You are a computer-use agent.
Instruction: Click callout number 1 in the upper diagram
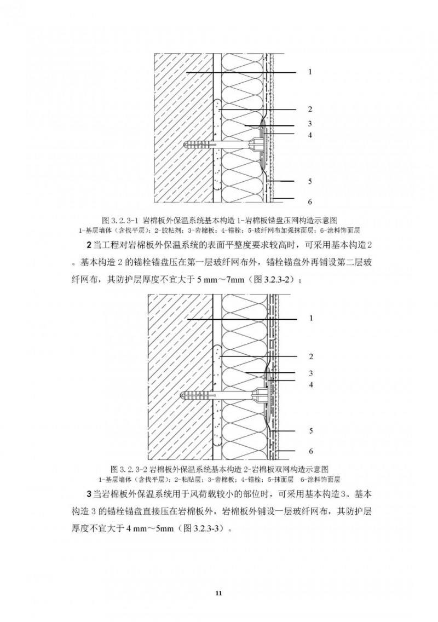(310, 72)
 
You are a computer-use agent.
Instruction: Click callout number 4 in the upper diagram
(310, 135)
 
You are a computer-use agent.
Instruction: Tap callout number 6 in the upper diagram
(310, 201)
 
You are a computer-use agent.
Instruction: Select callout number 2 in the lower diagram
(311, 356)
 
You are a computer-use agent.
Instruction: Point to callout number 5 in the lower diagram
(311, 431)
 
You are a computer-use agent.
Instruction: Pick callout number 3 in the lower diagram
(311, 373)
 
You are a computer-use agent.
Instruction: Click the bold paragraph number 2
(89, 245)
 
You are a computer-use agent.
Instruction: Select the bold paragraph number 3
(89, 494)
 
